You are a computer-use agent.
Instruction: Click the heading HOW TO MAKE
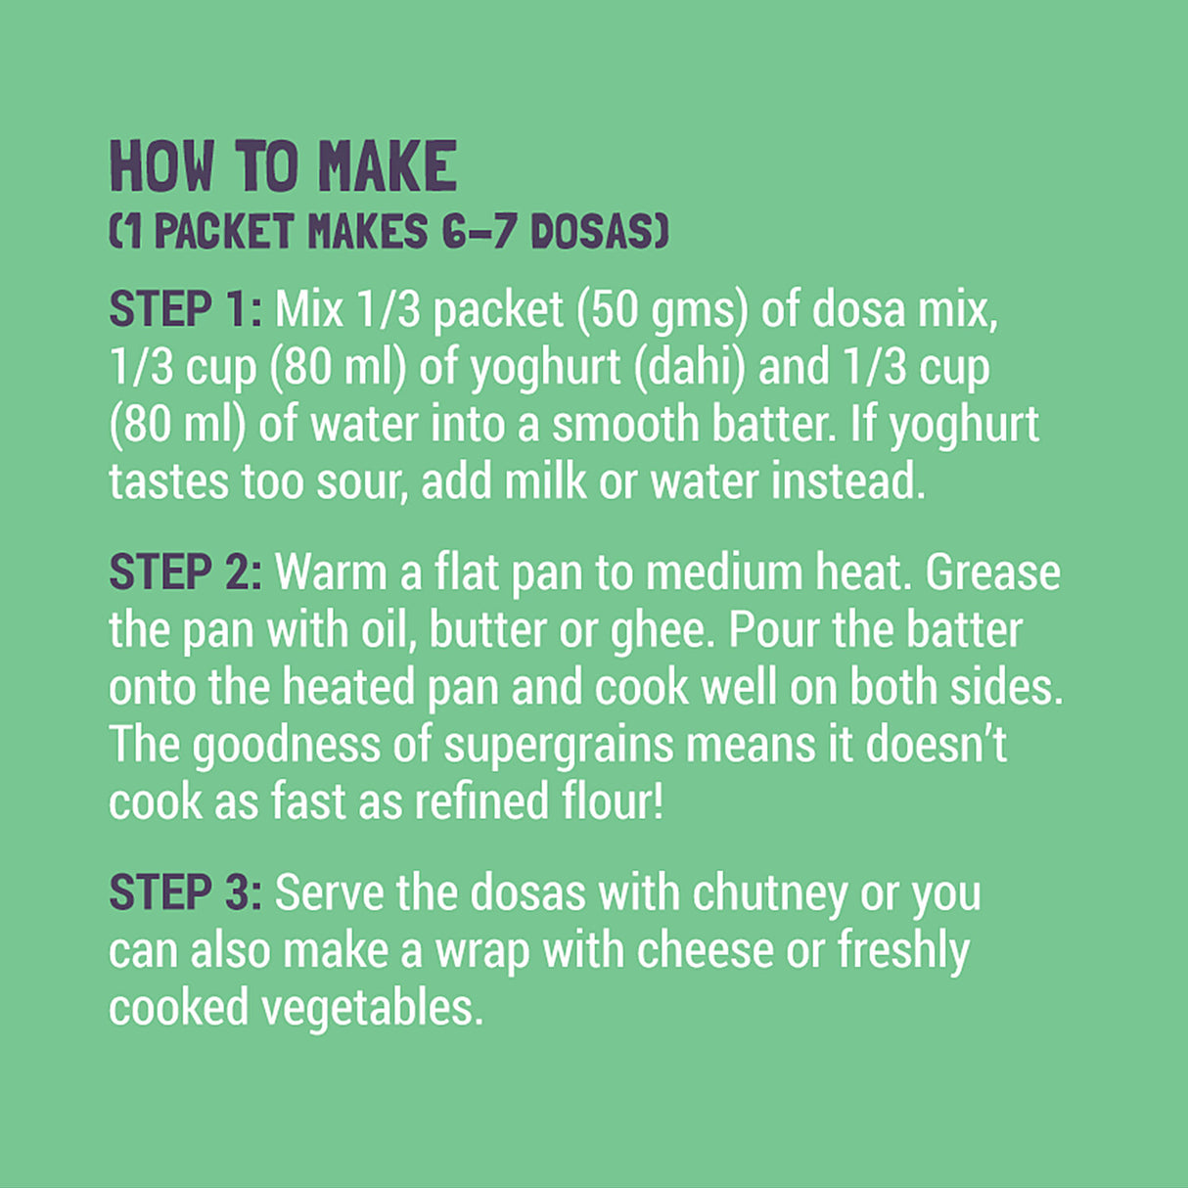[283, 166]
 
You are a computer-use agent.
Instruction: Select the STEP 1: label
[185, 310]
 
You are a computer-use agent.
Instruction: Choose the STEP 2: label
[185, 572]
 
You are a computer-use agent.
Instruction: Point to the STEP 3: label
[185, 893]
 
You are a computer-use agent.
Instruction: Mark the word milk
[545, 482]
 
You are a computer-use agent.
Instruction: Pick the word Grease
[992, 572]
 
